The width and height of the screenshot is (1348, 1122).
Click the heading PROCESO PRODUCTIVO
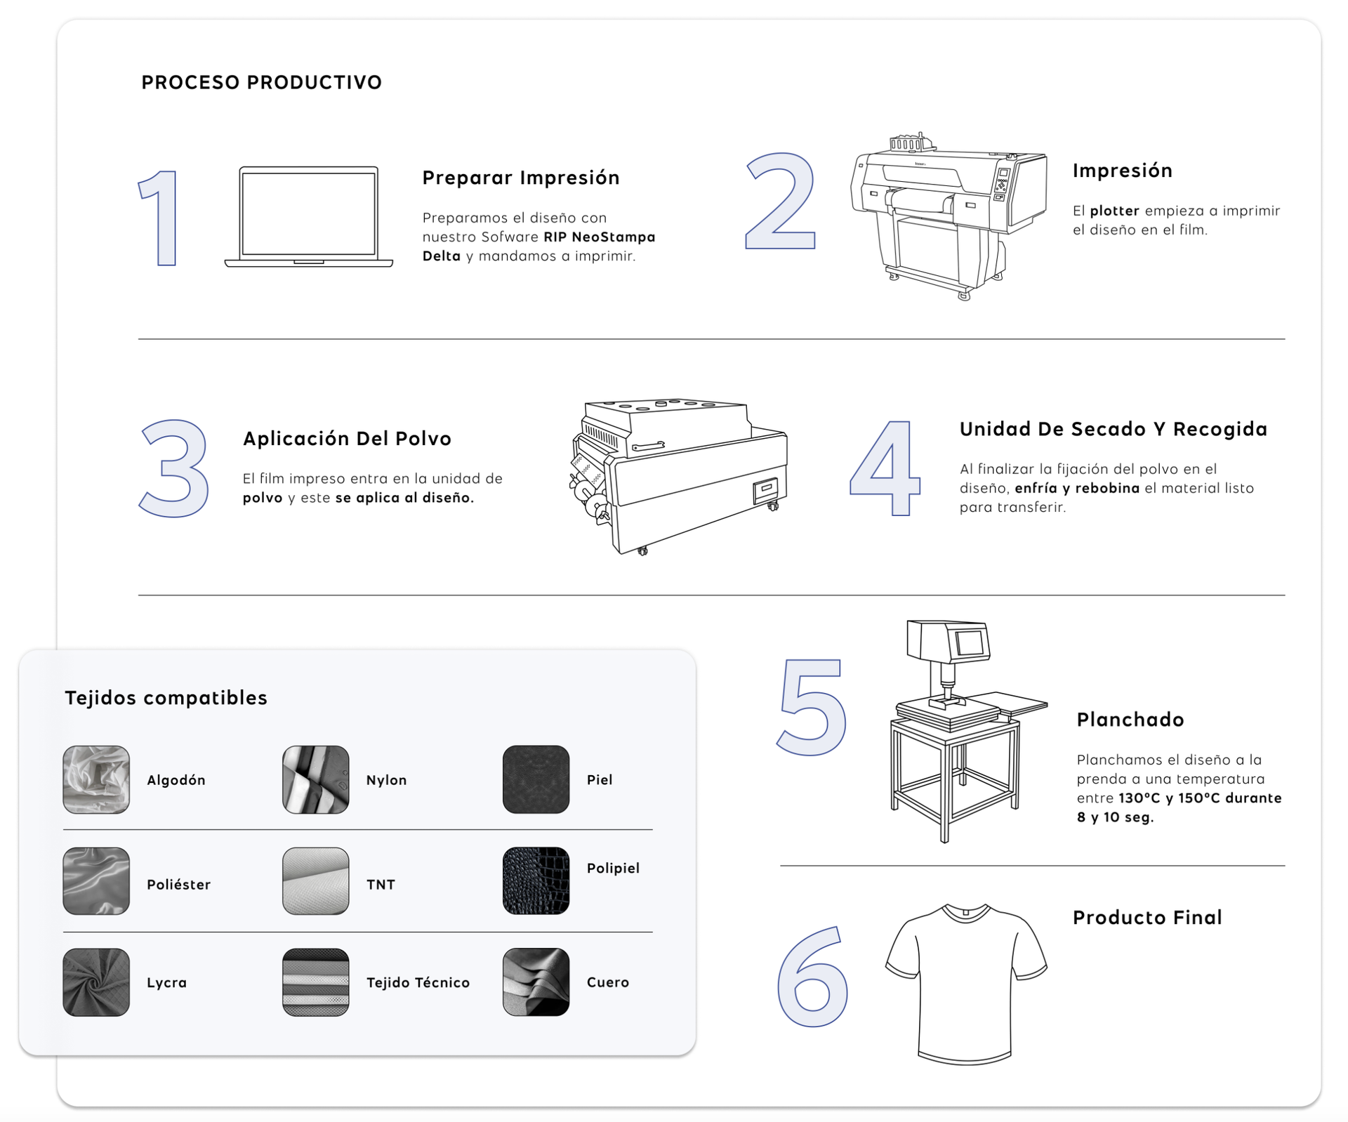pos(261,82)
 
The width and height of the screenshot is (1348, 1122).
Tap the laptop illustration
pos(308,216)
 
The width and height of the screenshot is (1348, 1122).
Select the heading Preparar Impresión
pos(521,178)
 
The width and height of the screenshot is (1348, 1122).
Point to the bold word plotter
pos(1114,211)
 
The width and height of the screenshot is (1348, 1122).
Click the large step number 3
pos(175,468)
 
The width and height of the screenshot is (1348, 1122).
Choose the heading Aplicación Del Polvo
pos(347,439)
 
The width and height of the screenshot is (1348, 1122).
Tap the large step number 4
pos(885,468)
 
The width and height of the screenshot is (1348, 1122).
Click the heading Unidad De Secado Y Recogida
pos(1114,429)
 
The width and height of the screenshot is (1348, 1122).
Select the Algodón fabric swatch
pos(96,779)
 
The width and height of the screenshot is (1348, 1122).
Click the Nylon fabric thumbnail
pos(316,779)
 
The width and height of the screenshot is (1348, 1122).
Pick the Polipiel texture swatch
pos(536,881)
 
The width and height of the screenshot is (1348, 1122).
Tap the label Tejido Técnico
pos(418,982)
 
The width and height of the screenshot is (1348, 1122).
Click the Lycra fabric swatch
pos(96,982)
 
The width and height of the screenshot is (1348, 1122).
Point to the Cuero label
pos(608,982)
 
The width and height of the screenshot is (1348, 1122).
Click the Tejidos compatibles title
pos(166,698)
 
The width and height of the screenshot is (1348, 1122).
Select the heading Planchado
pos(1130,720)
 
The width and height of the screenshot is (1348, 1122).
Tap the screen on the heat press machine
pos(970,642)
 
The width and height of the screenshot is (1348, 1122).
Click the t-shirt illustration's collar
pos(966,911)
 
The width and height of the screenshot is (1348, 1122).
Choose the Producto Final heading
pos(1147,918)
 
